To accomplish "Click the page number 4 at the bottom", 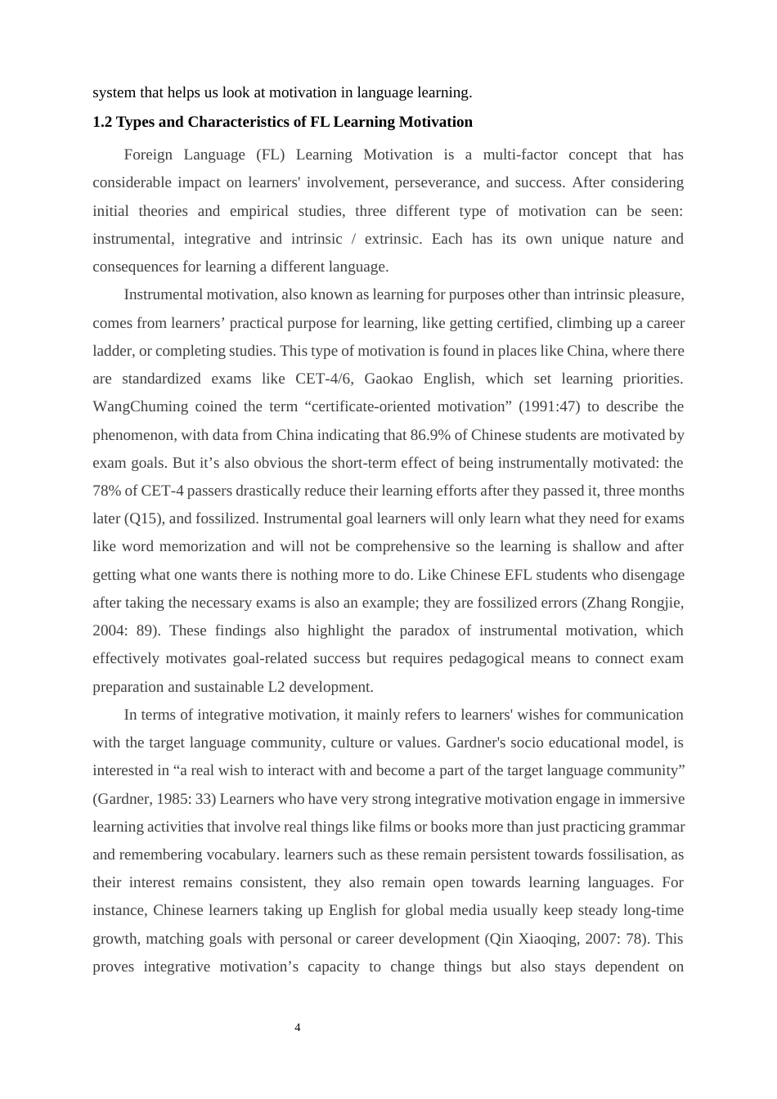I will coord(297,1027).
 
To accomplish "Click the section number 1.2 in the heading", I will coord(102,122).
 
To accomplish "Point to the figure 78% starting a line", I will coord(106,491).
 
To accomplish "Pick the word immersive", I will coord(656,798).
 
